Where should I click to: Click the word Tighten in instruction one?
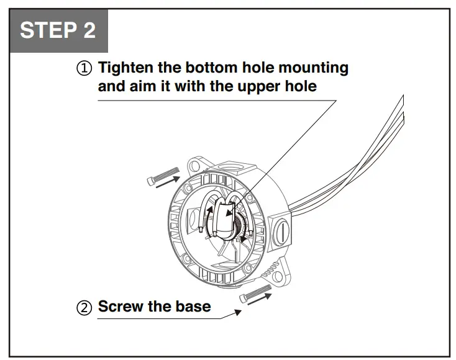pyautogui.click(x=128, y=67)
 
